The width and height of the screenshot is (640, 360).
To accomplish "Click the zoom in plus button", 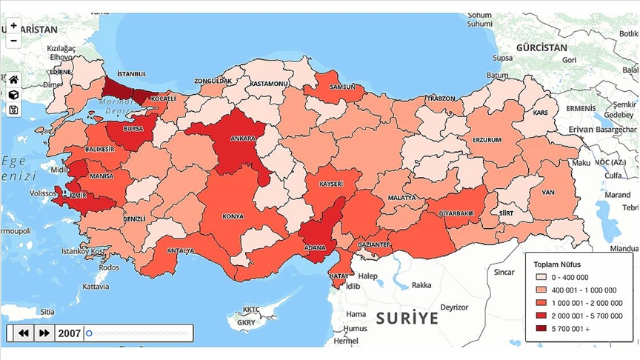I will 13,25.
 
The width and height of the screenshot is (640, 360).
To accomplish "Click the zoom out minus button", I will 13,40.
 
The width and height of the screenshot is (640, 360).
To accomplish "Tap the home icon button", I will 13,80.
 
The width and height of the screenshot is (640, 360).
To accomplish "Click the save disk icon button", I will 13,110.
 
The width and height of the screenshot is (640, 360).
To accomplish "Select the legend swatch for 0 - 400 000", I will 541,276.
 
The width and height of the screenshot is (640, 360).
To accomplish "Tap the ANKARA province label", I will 243,139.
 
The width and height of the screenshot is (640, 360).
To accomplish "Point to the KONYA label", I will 233,217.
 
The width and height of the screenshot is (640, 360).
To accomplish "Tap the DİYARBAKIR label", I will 456,213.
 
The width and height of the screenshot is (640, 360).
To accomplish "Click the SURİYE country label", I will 407,319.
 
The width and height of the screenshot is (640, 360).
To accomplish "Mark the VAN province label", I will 548,193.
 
